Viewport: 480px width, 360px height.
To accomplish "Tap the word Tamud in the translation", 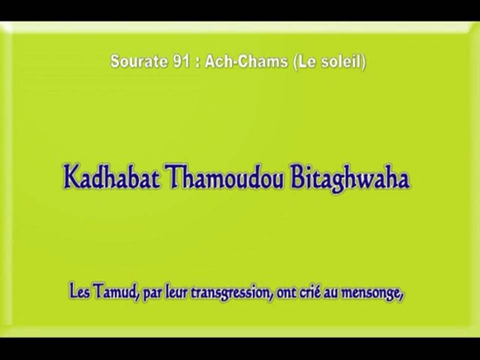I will pos(118,292).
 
